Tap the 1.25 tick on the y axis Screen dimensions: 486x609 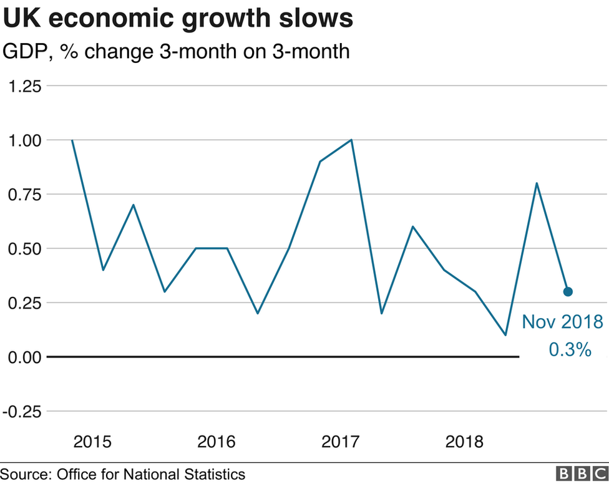pos(24,86)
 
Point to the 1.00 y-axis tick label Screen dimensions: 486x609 pos(24,140)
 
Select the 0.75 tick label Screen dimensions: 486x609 pos(24,195)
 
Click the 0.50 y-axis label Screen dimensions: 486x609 pos(24,249)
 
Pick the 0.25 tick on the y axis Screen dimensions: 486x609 pos(24,303)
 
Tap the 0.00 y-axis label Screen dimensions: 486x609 pos(24,357)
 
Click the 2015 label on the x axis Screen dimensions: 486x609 pos(92,442)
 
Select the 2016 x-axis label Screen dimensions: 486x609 pos(217,442)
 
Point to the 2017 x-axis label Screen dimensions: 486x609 pos(341,442)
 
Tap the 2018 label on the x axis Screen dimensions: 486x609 pos(465,442)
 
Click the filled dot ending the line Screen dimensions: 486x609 pos(568,291)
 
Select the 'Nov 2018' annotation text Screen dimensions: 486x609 pos(562,323)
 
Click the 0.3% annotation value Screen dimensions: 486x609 pos(570,350)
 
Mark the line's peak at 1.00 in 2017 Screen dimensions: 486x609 pos(352,140)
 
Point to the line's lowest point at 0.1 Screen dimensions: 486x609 pos(505,335)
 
